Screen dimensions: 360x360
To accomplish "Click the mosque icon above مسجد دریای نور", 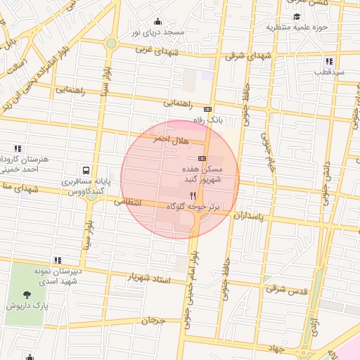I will click(157, 21).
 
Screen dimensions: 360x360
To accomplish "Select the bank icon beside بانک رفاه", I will click(207, 109).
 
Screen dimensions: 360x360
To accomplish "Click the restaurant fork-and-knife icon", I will click(193, 195).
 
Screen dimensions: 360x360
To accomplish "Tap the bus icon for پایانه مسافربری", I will click(86, 170).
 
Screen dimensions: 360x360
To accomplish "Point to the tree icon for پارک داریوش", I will click(27, 295).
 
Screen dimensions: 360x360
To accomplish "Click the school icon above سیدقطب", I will click(329, 61).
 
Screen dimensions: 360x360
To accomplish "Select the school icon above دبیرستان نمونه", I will click(57, 260).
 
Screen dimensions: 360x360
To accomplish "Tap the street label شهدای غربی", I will click(153, 51).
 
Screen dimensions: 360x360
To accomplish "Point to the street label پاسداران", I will click(250, 217).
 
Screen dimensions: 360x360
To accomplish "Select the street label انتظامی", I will click(127, 201).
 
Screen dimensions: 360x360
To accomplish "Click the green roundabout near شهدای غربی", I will click(110, 44).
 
